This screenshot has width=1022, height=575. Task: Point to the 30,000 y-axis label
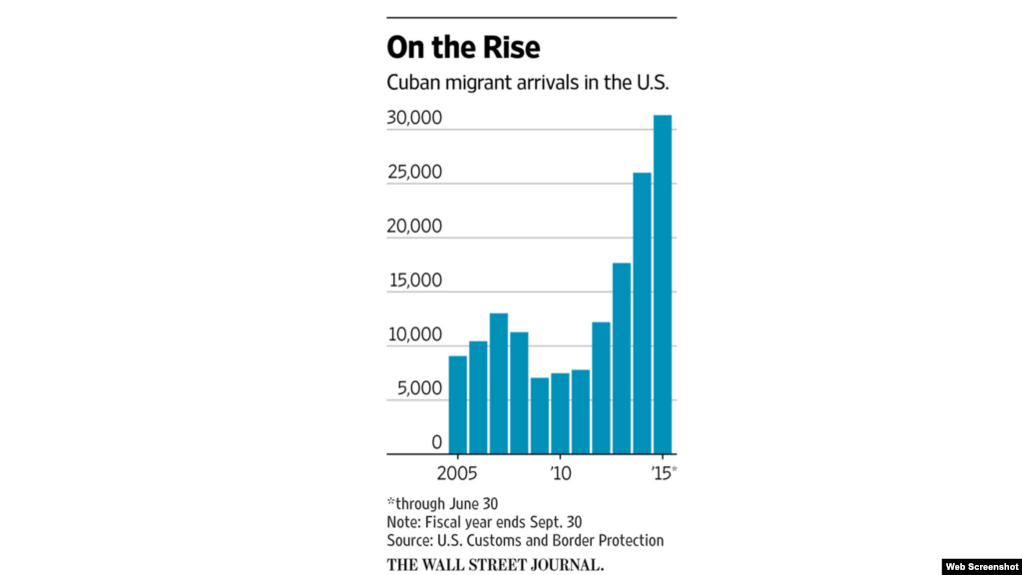pos(413,119)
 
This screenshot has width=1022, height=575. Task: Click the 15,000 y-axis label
pos(413,282)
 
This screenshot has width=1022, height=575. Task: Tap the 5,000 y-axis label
pos(417,389)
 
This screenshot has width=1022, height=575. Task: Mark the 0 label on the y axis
pos(436,442)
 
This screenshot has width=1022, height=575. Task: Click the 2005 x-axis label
pos(457,471)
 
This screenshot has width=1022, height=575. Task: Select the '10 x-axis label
pos(560,471)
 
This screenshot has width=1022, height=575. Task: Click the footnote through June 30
pos(437,503)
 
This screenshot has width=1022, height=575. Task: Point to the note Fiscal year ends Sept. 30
pos(484,522)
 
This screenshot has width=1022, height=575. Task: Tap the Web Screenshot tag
pos(981,566)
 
